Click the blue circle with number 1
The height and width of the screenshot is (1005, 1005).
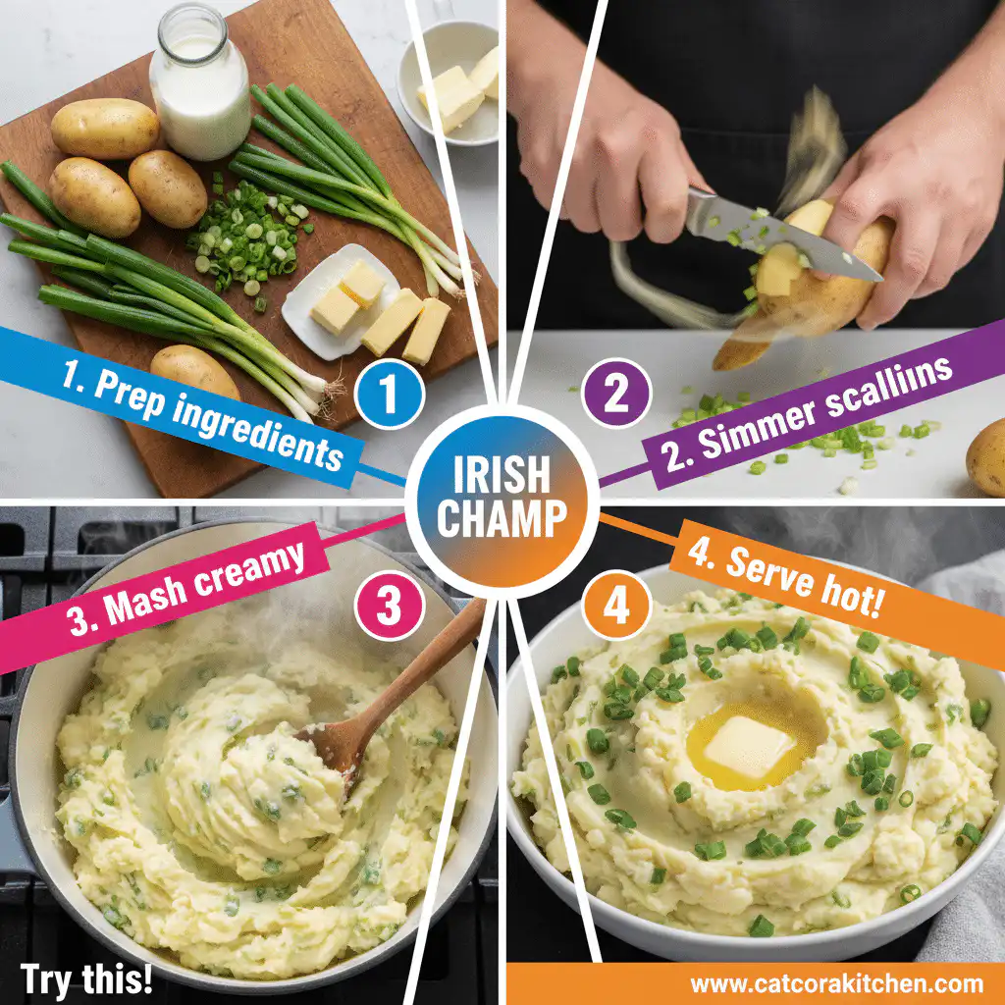point(390,397)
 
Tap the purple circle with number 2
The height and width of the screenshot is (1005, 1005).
point(615,397)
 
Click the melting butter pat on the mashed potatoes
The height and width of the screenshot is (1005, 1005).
point(748,746)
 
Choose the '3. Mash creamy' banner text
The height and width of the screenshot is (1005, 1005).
point(186,589)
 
